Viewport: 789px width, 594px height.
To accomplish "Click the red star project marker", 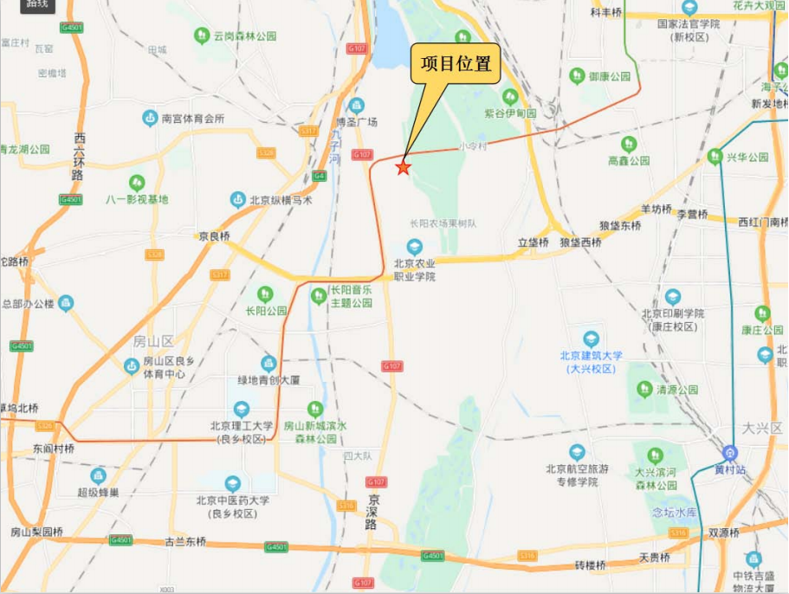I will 403,167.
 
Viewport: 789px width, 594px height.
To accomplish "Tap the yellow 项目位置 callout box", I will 456,64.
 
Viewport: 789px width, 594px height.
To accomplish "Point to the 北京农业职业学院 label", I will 415,270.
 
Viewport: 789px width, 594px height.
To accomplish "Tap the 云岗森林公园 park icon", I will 202,36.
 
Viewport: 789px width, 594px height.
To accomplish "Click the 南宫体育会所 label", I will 193,118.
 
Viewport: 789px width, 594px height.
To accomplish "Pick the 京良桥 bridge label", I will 214,236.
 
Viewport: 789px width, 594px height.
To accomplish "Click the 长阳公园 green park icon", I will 265,294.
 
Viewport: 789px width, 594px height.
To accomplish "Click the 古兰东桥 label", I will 185,541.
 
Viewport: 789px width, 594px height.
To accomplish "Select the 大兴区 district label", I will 762,428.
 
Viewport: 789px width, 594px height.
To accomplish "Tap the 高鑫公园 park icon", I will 629,144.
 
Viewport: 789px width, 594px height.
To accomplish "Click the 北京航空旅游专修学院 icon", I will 577,452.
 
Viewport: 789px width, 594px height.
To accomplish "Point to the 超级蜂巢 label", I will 98,493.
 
